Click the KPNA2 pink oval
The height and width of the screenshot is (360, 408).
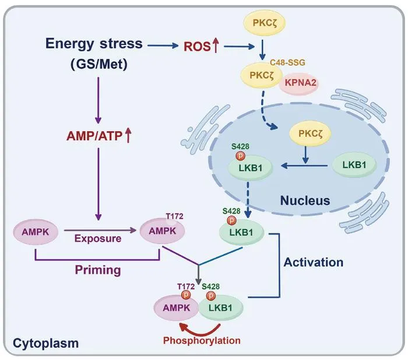click(x=298, y=83)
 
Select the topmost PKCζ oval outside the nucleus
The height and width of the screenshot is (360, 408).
click(x=264, y=23)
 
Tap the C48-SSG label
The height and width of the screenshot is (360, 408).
click(x=287, y=62)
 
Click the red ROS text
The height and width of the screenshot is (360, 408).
click(x=197, y=47)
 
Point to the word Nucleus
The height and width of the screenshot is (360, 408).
click(x=305, y=201)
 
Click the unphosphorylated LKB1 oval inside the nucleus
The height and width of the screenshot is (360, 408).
click(x=354, y=165)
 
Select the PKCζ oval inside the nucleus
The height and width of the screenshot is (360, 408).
click(x=310, y=134)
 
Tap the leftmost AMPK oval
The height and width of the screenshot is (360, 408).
click(x=36, y=232)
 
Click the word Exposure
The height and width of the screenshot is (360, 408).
click(x=98, y=239)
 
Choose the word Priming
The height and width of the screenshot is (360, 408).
click(x=98, y=270)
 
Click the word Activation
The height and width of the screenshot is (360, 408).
click(x=314, y=263)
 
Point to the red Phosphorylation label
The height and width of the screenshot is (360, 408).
click(x=202, y=341)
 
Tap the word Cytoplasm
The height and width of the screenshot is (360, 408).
click(x=46, y=343)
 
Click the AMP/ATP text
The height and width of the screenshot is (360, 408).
click(x=94, y=136)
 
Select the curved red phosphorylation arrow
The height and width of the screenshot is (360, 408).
click(x=201, y=330)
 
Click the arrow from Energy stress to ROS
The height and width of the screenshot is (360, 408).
click(x=163, y=46)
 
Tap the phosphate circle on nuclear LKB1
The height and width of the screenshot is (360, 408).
click(x=240, y=156)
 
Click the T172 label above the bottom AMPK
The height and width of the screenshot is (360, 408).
click(x=186, y=286)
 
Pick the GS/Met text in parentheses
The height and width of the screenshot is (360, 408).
click(x=99, y=64)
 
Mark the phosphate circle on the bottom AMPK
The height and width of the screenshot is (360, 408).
click(x=186, y=295)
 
